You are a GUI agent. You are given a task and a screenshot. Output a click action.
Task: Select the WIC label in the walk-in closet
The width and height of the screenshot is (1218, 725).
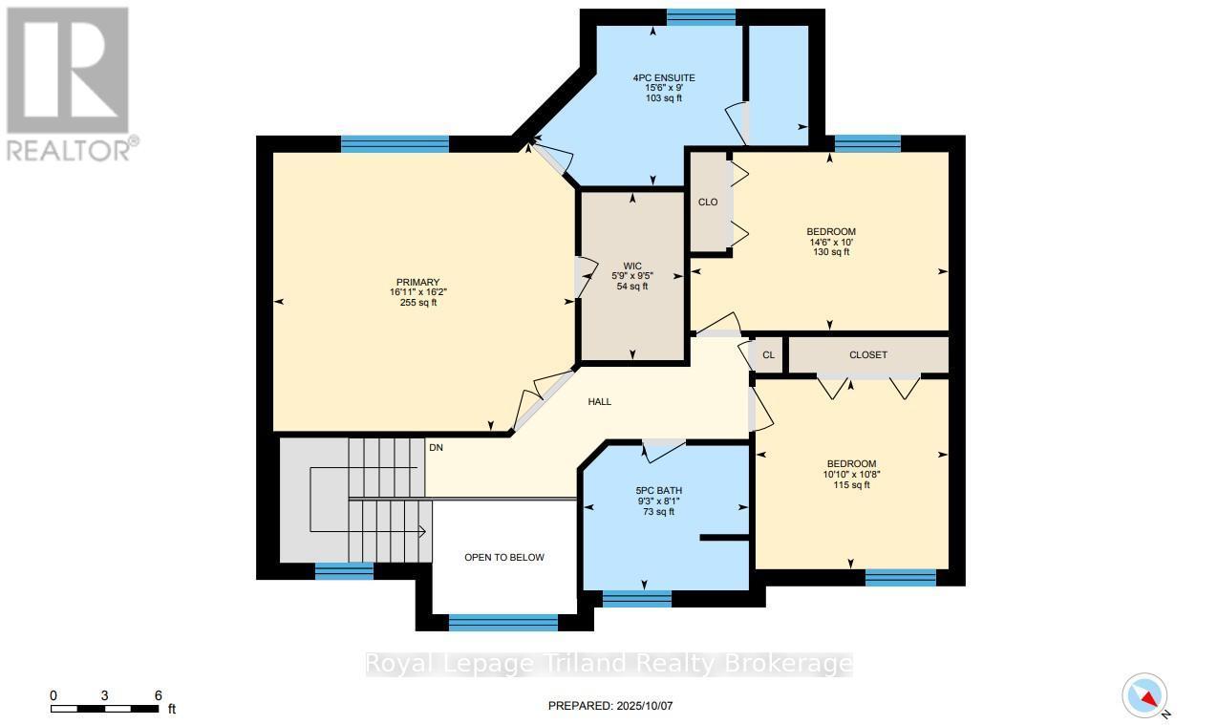point(632,266)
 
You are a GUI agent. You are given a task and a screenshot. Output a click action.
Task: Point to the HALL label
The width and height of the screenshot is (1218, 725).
point(599,402)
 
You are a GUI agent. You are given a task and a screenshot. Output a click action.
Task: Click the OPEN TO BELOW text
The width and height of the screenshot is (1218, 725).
point(504,557)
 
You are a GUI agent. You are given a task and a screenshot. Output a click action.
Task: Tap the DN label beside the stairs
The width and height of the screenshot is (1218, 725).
point(436,447)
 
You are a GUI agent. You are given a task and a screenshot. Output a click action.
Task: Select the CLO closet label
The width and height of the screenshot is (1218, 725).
point(708,203)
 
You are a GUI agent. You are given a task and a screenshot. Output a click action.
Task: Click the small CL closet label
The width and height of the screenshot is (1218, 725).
point(768,355)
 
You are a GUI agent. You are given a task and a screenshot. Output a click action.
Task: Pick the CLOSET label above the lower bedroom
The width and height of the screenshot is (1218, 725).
point(867,355)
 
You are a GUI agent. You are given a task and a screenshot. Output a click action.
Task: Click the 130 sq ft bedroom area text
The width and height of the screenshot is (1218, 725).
point(831,253)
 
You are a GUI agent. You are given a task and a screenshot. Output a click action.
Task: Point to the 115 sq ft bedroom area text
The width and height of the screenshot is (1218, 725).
point(851,485)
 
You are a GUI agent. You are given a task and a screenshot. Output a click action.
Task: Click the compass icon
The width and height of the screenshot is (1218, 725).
point(1143,696)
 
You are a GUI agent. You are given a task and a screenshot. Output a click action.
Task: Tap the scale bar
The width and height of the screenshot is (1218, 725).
point(105,708)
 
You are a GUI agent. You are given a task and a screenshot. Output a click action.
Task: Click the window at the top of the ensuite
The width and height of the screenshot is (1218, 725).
point(701,16)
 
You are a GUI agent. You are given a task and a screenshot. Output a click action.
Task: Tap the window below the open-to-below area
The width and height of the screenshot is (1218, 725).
point(502,623)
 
